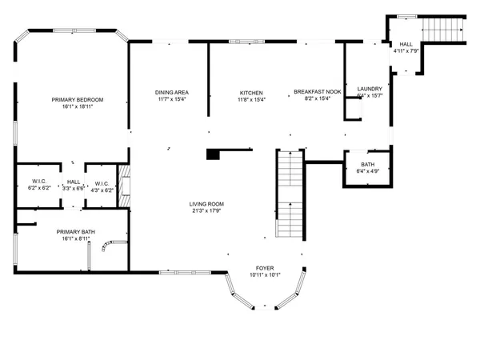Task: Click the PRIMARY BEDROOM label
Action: (x=78, y=100)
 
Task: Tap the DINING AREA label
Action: (x=171, y=93)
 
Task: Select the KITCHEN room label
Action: (x=251, y=93)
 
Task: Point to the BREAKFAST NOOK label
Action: (x=318, y=93)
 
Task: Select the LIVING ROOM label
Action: (x=206, y=203)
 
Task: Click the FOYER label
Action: (x=265, y=268)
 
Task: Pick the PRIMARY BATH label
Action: (x=75, y=231)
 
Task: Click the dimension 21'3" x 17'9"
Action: (x=206, y=210)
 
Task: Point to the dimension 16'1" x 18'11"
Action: (x=78, y=107)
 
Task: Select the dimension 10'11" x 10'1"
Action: (x=265, y=275)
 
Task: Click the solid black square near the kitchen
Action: (x=213, y=154)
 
